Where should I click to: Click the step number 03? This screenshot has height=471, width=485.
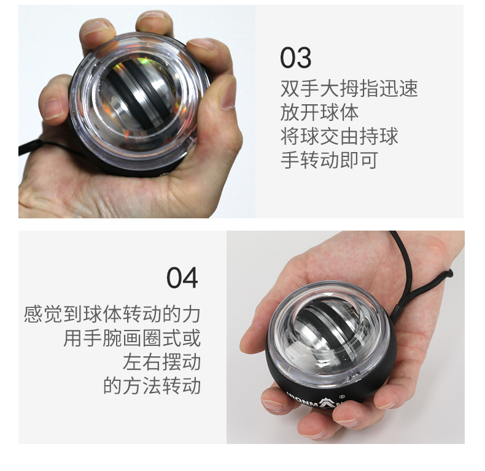295,58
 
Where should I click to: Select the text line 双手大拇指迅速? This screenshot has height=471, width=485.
349,88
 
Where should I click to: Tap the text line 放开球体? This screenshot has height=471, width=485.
319,112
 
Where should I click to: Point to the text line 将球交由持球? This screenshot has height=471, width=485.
339,136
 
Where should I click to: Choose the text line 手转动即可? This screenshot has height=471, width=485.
329,160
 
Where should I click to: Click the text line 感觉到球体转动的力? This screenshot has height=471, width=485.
112,315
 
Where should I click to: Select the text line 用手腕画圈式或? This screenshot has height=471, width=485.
132,339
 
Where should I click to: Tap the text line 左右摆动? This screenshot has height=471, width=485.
161,362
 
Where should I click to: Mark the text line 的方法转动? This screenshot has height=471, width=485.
152,386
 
